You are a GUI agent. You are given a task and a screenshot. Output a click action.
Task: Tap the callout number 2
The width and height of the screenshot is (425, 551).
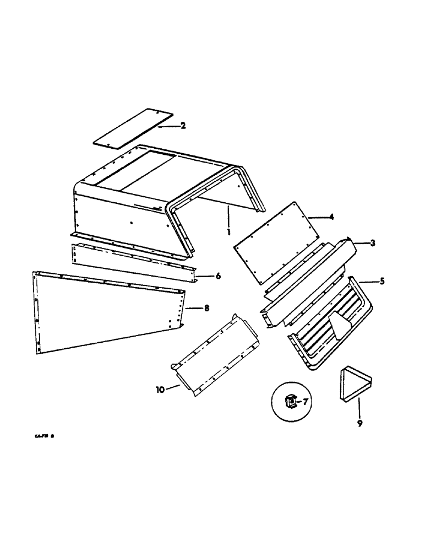(183, 126)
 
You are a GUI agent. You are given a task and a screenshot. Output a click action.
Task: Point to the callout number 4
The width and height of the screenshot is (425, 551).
(331, 217)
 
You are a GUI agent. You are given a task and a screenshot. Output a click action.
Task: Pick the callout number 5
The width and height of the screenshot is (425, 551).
(382, 282)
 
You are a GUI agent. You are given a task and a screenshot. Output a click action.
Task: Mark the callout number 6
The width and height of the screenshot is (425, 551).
(218, 275)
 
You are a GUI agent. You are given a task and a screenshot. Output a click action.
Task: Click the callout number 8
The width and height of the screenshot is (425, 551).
(206, 309)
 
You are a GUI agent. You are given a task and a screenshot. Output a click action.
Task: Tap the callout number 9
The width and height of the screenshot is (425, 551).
(359, 424)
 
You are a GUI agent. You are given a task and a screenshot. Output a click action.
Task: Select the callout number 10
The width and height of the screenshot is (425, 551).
(160, 390)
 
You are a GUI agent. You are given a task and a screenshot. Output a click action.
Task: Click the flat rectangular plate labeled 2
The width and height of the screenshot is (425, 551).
(132, 130)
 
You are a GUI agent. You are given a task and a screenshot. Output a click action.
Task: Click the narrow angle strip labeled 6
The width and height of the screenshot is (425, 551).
(132, 262)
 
